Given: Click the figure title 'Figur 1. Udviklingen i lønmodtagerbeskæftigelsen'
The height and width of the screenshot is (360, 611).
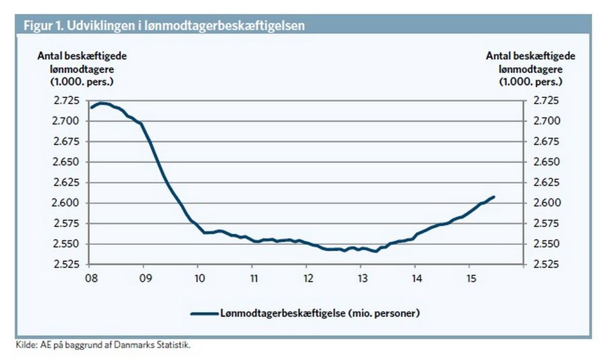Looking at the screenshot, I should [x=164, y=25].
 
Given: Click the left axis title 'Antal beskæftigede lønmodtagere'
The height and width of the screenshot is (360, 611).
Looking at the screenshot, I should [x=81, y=68].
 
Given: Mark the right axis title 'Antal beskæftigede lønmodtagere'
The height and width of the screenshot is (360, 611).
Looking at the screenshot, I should [x=530, y=68].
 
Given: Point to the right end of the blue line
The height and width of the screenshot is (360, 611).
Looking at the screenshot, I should [x=494, y=197].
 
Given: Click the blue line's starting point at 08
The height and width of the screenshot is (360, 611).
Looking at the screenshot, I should [x=90, y=107].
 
